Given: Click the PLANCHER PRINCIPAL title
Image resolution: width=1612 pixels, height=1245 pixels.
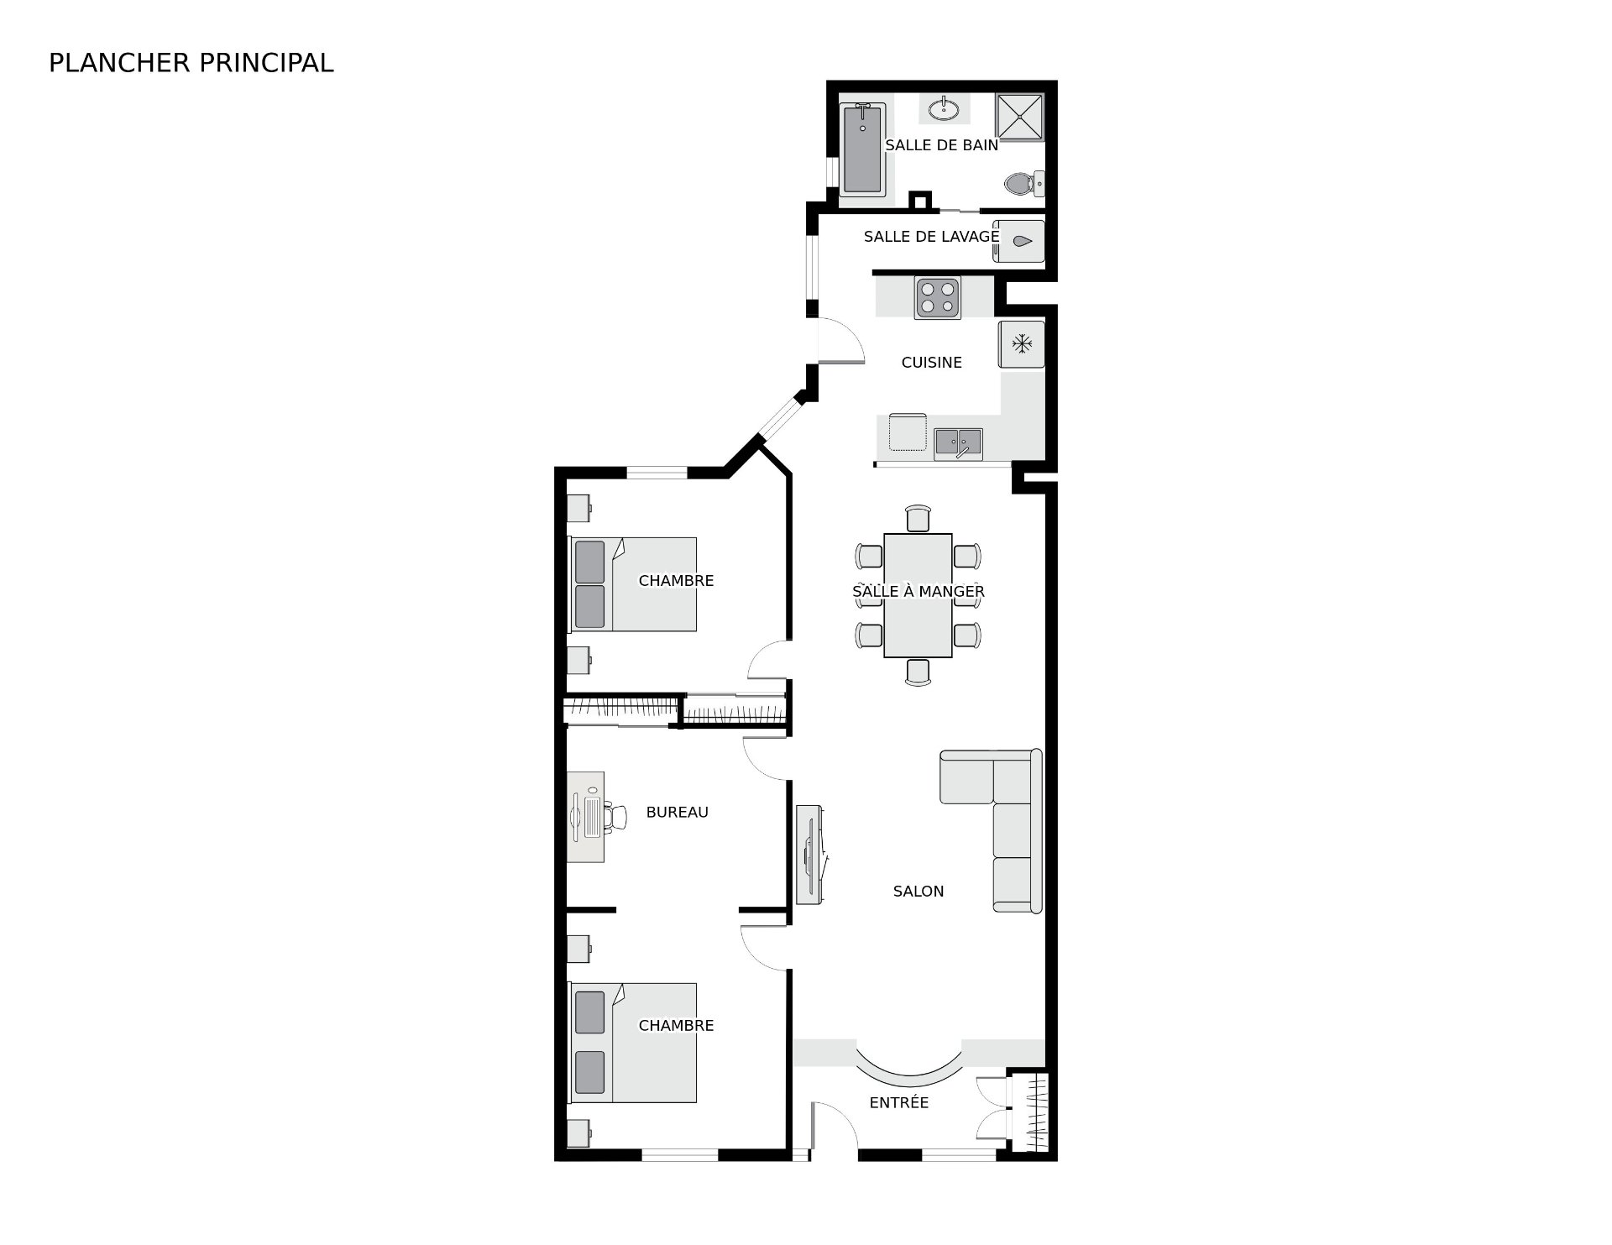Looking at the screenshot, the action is (x=191, y=63).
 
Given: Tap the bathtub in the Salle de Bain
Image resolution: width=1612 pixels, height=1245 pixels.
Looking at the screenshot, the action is (x=862, y=150).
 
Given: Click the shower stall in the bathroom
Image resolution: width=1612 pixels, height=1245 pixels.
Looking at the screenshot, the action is (x=1019, y=117).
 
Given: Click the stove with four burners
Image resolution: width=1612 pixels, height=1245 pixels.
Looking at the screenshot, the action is (x=938, y=297).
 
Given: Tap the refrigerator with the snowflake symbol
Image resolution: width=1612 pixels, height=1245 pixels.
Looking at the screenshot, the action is (x=1022, y=344).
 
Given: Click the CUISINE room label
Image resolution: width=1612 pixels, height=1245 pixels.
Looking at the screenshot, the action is (x=931, y=363).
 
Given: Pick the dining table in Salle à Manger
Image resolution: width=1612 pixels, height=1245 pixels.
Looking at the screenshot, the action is (x=918, y=595).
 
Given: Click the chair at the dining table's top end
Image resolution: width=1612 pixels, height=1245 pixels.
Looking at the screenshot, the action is (x=919, y=518).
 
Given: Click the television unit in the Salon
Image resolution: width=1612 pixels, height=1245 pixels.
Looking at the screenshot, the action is (x=810, y=855).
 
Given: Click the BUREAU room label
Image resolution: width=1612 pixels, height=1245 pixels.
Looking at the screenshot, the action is (x=677, y=813).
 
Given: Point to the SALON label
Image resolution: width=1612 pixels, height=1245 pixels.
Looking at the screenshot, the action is (x=919, y=892).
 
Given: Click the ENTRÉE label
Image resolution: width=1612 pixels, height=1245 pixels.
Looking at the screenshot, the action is (x=899, y=1103).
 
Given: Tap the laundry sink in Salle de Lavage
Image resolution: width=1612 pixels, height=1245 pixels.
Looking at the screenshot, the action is (x=1019, y=242).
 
